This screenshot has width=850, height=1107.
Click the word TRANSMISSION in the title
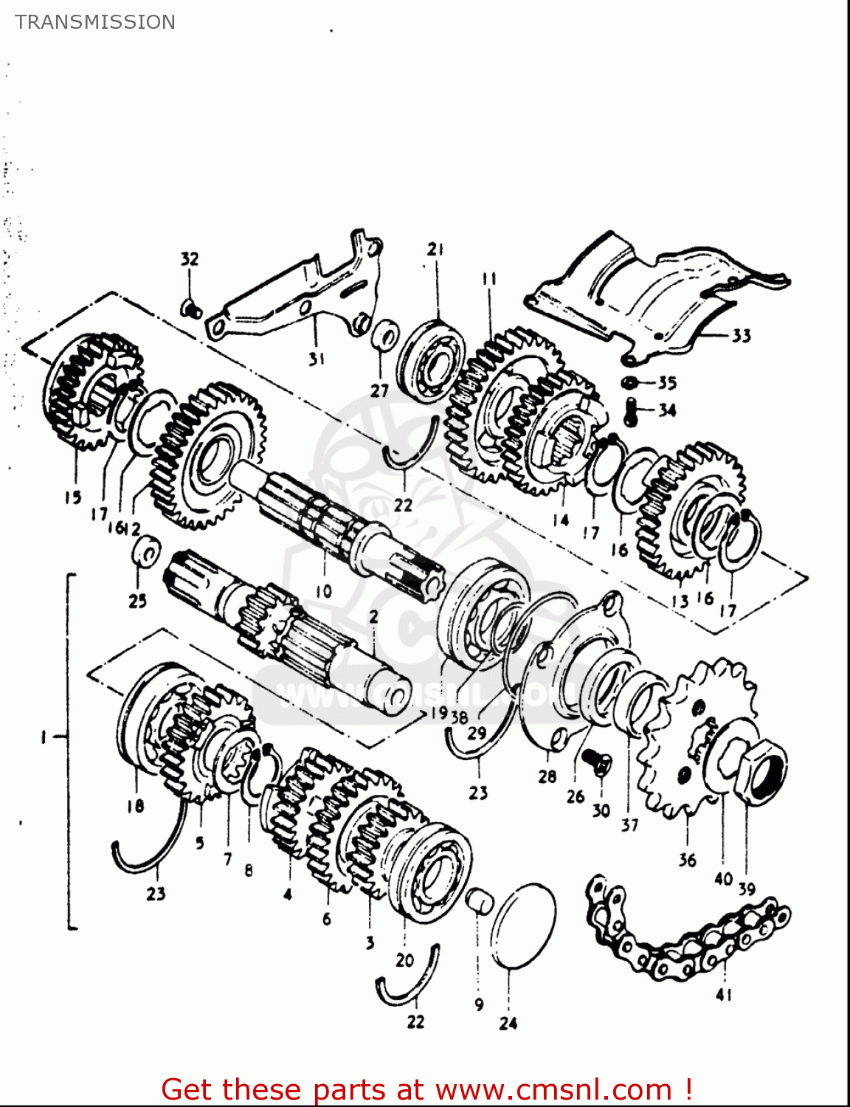tap(95, 22)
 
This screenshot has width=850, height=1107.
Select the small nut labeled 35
tap(629, 382)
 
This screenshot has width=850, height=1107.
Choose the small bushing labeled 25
tap(145, 552)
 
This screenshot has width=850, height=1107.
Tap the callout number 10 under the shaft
tap(323, 590)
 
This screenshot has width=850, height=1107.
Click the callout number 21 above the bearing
tap(435, 249)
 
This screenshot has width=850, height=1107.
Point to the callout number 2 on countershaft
tap(373, 616)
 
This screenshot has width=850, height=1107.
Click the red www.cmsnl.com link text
tap(553, 1089)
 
